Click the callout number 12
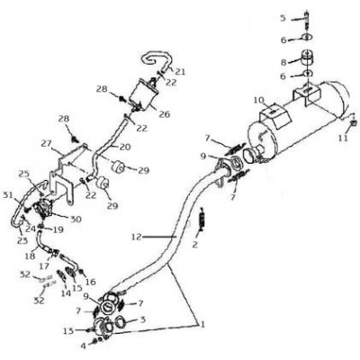[x=136, y=237]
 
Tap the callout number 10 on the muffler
[x=259, y=100]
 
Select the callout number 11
[x=343, y=138]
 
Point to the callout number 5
[x=283, y=18]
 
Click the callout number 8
[x=283, y=62]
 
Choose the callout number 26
[x=165, y=114]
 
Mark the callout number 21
[x=180, y=72]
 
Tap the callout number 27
[x=47, y=143]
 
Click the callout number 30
[x=76, y=220]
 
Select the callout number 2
[x=195, y=245]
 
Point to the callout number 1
[x=202, y=324]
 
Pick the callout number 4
[x=83, y=346]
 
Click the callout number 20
[x=125, y=147]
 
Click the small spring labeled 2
[x=202, y=220]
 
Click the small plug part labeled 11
[x=354, y=121]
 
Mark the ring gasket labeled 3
[x=120, y=323]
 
